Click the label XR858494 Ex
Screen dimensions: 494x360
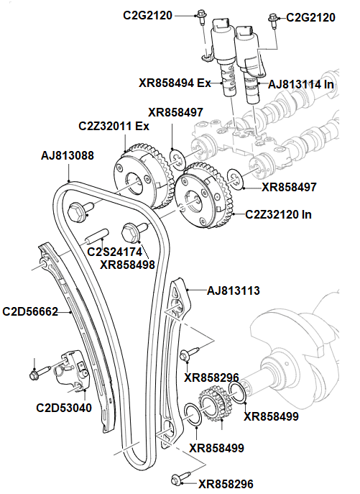coord(175,83)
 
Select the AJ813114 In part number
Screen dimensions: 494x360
coord(303,84)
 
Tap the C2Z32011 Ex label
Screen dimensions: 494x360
coord(114,127)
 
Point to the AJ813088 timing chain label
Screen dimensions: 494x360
coord(67,155)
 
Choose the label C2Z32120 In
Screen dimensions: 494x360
coord(279,214)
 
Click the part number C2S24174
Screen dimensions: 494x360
coord(114,252)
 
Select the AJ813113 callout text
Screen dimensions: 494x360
coord(233,291)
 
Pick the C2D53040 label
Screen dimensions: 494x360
coord(63,408)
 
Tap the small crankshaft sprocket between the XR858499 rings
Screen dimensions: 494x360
coord(212,405)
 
